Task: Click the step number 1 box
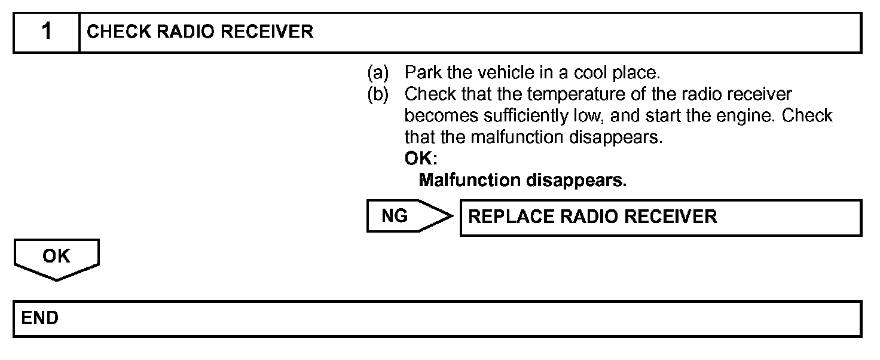pos(46,32)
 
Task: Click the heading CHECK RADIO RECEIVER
pos(200,32)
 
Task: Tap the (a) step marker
pos(378,73)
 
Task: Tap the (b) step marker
pos(378,94)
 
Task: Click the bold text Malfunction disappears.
pos(522,181)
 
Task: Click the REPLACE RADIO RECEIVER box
pos(660,216)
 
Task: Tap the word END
pos(39,318)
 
